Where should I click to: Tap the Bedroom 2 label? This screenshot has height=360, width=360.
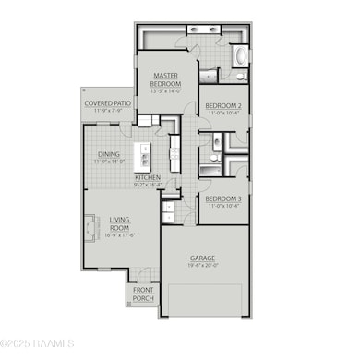pos(223,105)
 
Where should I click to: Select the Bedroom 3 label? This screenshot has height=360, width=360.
pos(223,198)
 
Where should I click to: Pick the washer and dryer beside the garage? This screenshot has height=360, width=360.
pos(168,213)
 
